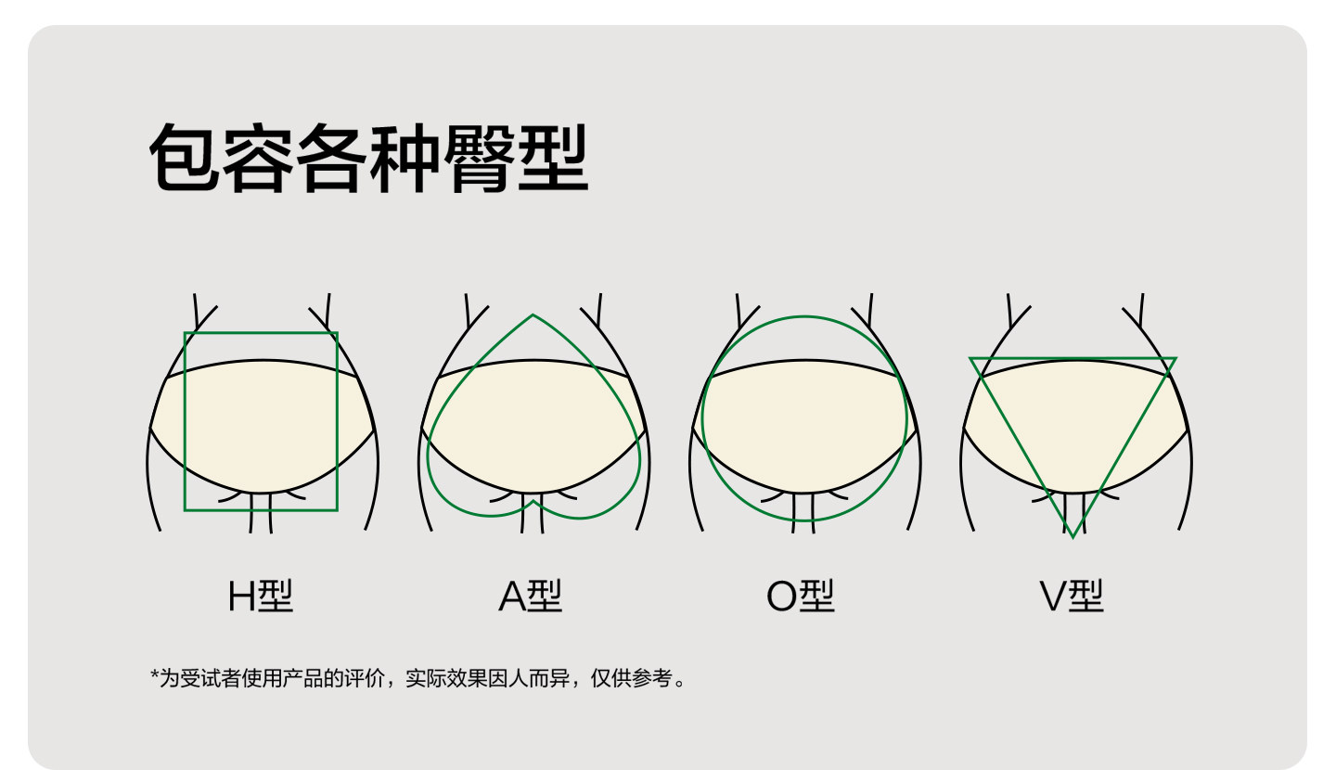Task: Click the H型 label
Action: tap(261, 597)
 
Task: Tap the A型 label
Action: tap(530, 597)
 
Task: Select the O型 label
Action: tap(800, 597)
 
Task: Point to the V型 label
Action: tap(1071, 597)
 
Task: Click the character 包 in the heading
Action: tap(186, 158)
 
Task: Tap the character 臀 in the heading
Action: tap(480, 158)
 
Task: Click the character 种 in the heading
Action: tap(406, 158)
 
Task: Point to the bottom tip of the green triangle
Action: tap(1073, 536)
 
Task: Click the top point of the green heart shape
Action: tap(533, 315)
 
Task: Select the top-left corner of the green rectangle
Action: tap(185, 333)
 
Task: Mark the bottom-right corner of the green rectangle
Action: tap(337, 509)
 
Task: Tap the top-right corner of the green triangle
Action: tap(1175, 358)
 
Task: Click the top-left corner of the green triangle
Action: tap(971, 358)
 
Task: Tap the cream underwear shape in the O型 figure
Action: tap(803, 427)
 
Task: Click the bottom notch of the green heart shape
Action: tap(533, 501)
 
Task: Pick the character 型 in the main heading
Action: tap(553, 158)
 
